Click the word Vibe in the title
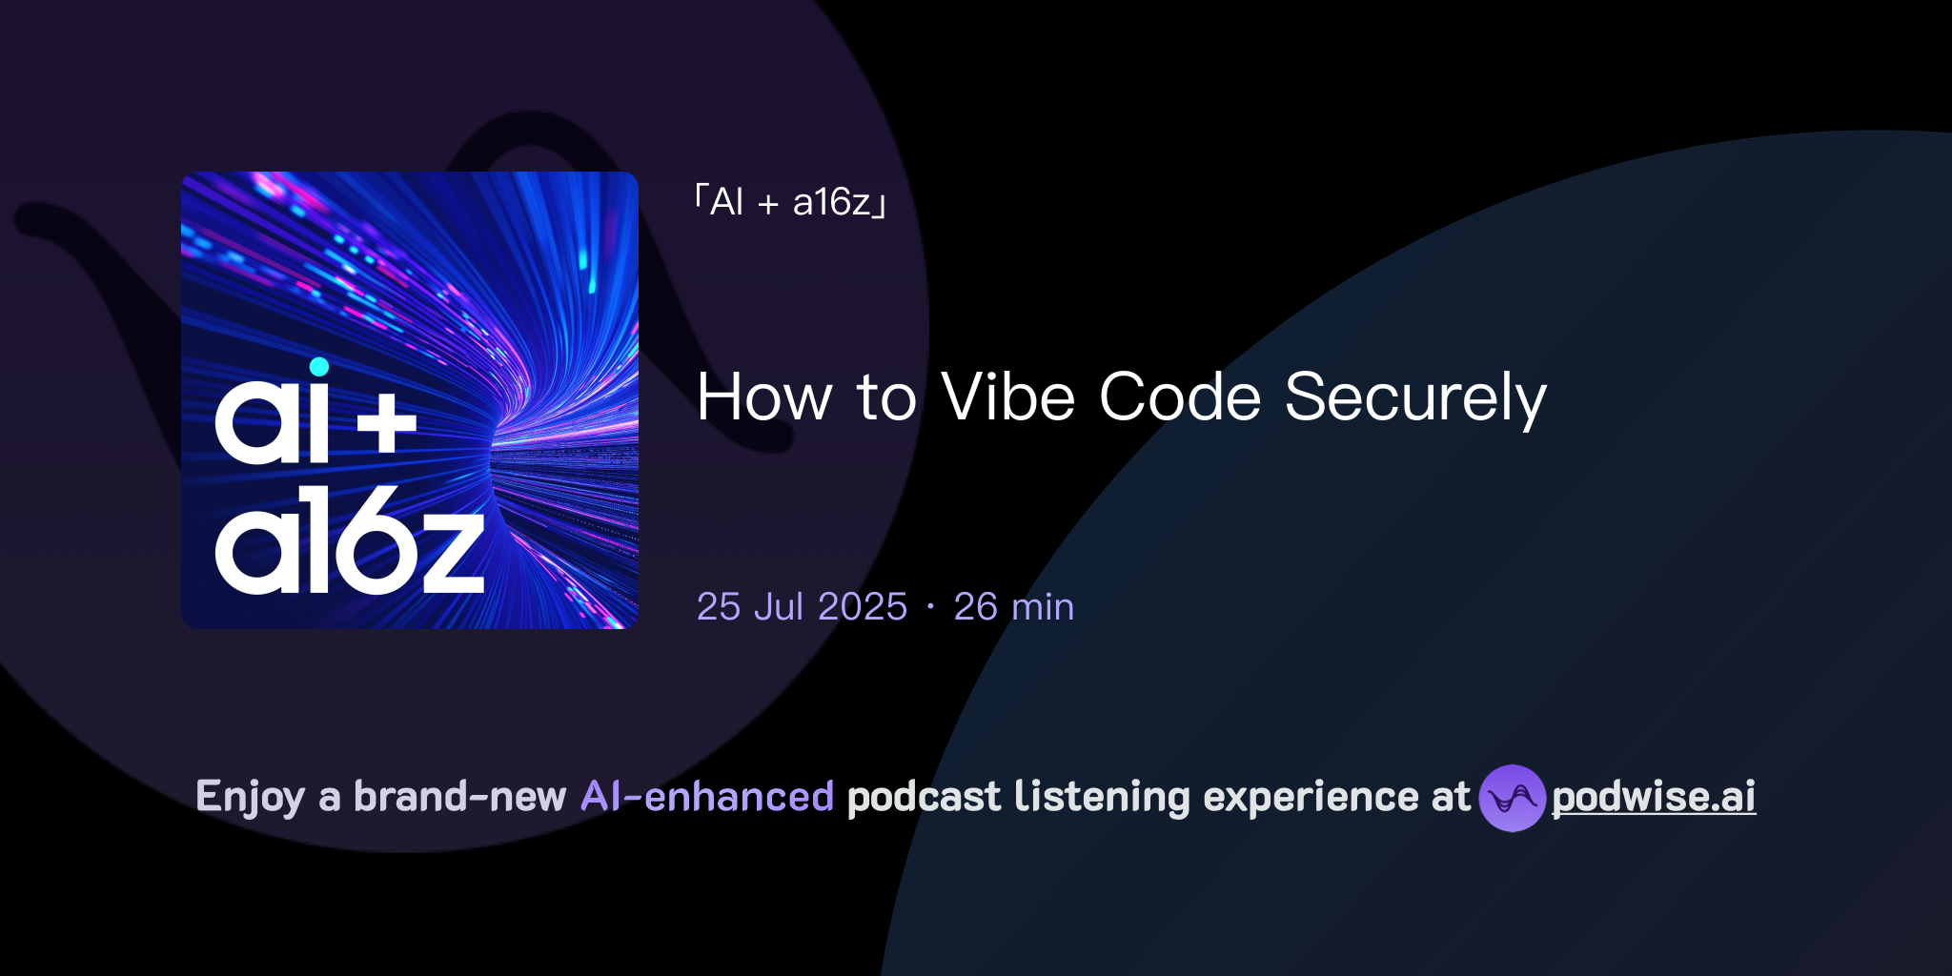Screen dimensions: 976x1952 1008,397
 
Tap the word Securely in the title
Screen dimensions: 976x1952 1415,397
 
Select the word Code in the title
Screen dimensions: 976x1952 1180,397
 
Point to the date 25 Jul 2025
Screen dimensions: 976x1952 802,607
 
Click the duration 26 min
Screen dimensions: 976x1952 1013,607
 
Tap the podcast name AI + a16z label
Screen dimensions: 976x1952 790,202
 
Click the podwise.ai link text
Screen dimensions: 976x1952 1654,797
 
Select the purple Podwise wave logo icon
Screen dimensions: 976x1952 1512,798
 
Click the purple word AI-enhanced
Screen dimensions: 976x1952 707,797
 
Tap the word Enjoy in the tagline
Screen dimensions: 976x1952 250,797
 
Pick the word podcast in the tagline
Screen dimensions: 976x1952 924,797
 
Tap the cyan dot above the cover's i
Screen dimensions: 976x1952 319,367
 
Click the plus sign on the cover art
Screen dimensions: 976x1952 387,425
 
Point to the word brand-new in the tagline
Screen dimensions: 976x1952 459,797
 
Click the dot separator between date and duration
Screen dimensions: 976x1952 930,607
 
